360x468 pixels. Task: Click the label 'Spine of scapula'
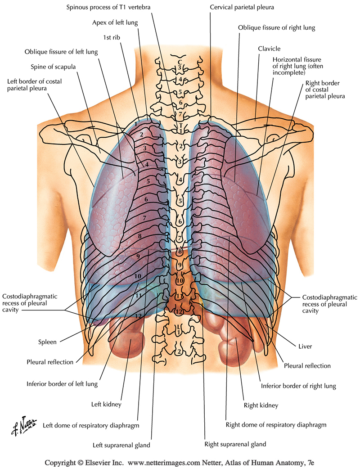pos(53,67)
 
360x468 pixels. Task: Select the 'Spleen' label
pos(47,342)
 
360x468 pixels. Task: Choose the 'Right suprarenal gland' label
pos(235,444)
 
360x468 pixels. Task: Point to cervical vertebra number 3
pos(180,68)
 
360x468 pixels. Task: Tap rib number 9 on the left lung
pos(138,256)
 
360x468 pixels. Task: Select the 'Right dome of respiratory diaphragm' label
pos(275,424)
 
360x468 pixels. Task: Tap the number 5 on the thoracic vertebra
pos(180,201)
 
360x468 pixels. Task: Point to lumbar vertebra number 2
pos(180,351)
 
